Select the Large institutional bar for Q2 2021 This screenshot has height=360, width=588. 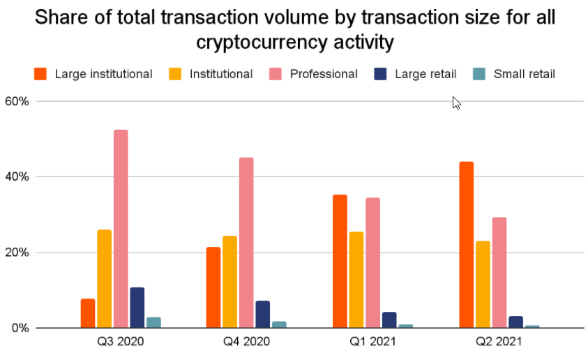467,245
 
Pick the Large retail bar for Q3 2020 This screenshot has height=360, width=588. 137,308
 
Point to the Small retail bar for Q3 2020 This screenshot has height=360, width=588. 153,322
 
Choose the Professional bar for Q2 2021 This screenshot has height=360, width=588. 499,273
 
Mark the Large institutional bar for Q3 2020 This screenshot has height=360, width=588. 88,313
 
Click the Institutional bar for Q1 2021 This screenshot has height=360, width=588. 356,280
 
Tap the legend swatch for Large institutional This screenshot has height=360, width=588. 40,74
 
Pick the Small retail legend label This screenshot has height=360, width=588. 524,74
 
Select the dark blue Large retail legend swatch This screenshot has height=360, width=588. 381,74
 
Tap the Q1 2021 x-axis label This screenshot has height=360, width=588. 372,343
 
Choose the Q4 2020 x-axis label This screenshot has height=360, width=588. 246,343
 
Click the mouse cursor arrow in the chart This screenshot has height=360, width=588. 456,103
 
